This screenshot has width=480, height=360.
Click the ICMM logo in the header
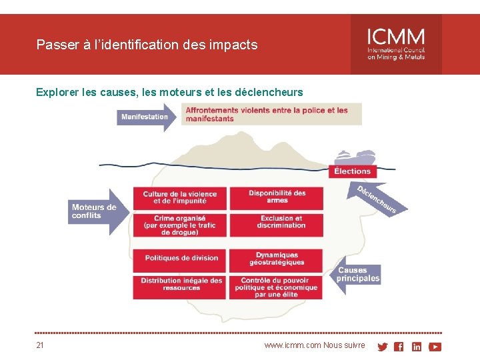[396, 44]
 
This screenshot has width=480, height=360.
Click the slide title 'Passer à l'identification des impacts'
[147, 45]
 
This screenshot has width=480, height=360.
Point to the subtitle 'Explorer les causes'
[169, 92]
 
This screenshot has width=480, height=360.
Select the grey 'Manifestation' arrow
[146, 117]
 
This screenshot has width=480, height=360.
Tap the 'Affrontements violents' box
[272, 115]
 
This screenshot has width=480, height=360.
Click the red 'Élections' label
[353, 171]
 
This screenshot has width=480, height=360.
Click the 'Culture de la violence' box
[180, 198]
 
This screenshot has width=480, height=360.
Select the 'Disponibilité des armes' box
[277, 197]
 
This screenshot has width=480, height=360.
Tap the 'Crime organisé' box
[180, 225]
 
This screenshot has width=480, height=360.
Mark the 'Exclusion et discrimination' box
[277, 223]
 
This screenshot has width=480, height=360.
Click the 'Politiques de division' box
[180, 259]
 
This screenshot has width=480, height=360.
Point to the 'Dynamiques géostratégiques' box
[277, 259]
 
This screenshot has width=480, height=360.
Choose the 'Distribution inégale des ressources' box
[180, 285]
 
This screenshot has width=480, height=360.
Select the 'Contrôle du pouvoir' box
[277, 287]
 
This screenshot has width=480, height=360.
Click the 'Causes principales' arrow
[357, 274]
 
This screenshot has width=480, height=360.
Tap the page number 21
[40, 345]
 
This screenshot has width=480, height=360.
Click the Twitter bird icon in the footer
[382, 347]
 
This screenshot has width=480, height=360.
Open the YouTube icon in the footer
[435, 347]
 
